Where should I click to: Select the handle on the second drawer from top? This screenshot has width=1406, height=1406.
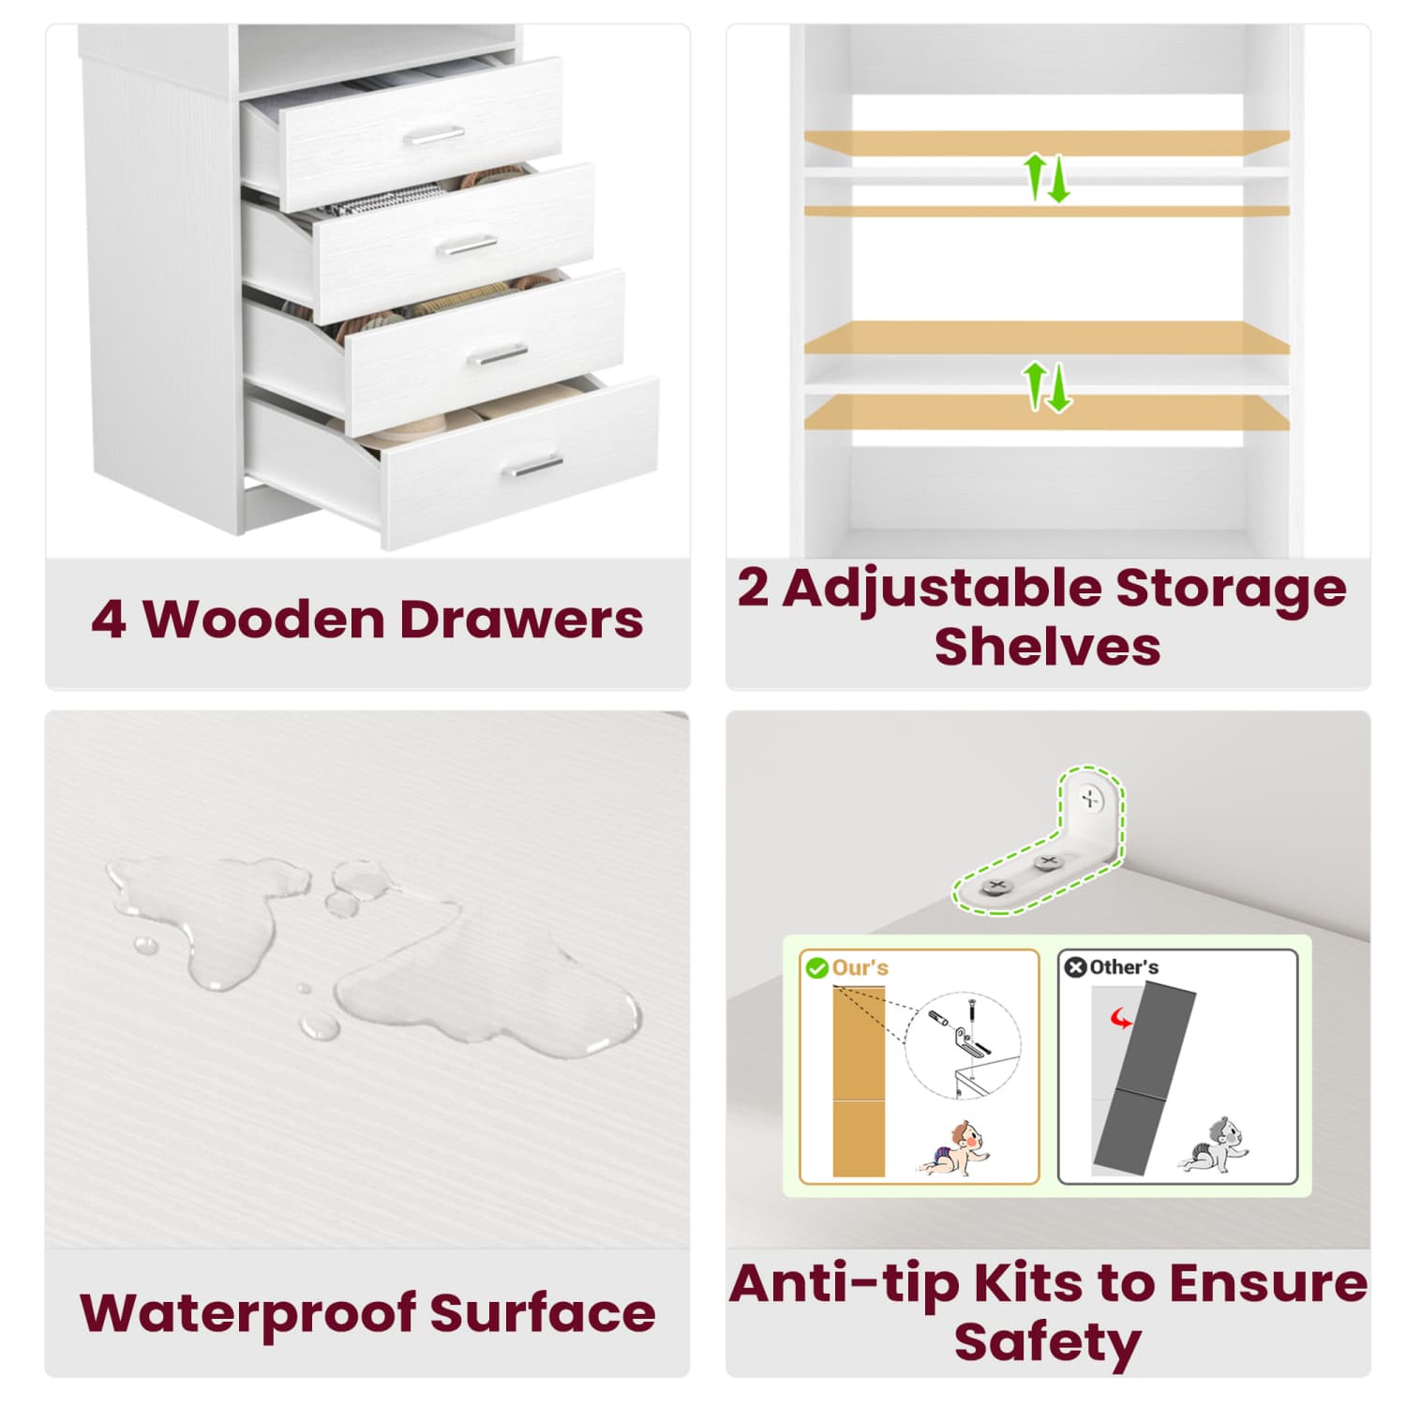467,246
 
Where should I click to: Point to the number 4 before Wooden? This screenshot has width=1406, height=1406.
109,621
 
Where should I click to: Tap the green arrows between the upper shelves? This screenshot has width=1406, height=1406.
1046,178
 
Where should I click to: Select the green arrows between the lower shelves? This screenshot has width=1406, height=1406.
1046,387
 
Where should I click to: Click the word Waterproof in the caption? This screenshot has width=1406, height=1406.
248,1314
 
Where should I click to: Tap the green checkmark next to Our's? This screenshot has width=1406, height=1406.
817,968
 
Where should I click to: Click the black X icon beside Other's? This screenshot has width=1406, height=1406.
1076,967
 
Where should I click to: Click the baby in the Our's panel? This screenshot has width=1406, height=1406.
954,1148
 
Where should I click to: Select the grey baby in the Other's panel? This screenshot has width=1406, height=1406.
1214,1144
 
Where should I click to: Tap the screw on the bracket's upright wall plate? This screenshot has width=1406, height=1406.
1090,800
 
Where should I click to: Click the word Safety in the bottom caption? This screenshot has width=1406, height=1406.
1048,1342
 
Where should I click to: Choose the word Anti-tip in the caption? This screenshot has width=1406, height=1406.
845,1284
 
